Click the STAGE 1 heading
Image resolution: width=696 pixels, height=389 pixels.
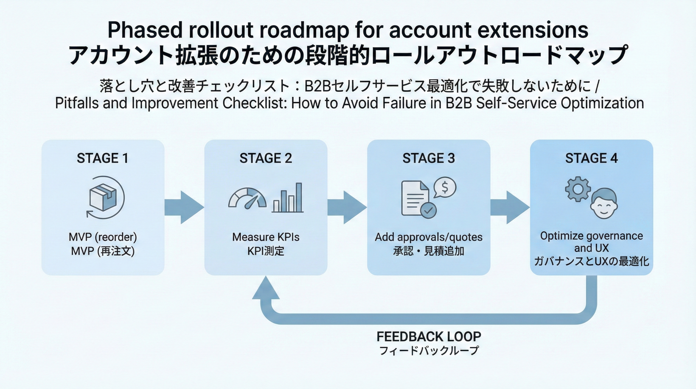point(102,158)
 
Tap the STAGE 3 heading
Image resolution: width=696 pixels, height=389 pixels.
point(428,158)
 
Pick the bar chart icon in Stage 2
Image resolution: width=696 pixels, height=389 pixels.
point(288,198)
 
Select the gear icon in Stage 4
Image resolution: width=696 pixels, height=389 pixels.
point(578,189)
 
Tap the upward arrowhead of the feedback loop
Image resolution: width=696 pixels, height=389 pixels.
point(266,289)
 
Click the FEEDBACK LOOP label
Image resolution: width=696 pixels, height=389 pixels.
point(429,337)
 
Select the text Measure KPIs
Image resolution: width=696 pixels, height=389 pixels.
point(266,237)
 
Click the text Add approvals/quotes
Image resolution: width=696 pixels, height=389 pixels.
point(428,237)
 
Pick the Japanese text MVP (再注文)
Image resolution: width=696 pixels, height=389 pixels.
point(103,251)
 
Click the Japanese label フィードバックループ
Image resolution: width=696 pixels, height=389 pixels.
point(429,351)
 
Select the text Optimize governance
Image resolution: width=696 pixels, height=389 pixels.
point(592,236)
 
